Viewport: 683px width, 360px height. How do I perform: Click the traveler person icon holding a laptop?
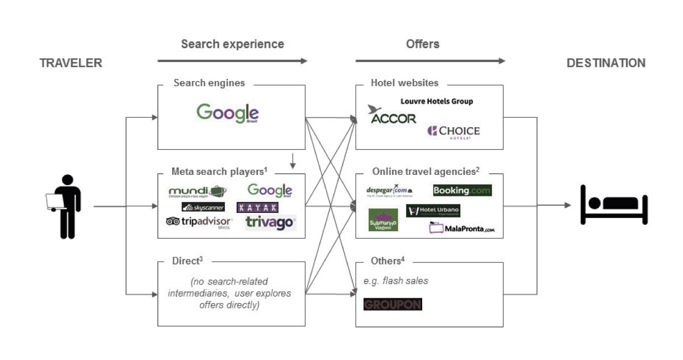(64, 206)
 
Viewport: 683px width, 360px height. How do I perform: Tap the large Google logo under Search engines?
(227, 112)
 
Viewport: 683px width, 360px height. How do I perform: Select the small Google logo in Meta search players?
(270, 191)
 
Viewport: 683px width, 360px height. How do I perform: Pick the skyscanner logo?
(203, 207)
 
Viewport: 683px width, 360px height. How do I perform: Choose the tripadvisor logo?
(199, 222)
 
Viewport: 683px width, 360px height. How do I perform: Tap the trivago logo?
(270, 223)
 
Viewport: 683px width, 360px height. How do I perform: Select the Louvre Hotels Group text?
(436, 101)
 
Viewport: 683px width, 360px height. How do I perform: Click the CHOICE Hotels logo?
(453, 132)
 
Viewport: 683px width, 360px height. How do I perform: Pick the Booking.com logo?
(462, 190)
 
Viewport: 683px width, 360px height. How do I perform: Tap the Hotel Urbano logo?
(433, 211)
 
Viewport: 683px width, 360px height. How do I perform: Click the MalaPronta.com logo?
(462, 228)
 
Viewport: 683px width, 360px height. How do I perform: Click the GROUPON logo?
(392, 304)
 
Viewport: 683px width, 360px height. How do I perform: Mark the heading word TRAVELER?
(70, 63)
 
